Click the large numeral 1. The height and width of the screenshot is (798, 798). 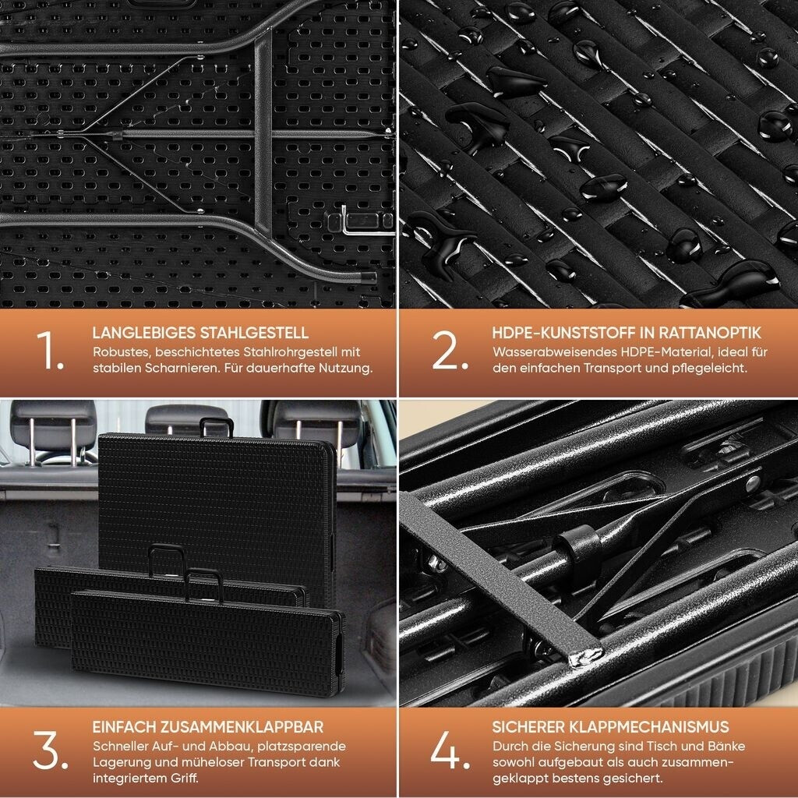(x=50, y=350)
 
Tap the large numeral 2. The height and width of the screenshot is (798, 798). (x=450, y=350)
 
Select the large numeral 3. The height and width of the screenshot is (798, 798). (x=51, y=750)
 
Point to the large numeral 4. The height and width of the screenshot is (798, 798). (x=450, y=750)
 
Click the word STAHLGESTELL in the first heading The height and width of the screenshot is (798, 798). (x=253, y=333)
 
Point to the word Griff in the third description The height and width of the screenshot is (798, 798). (x=182, y=779)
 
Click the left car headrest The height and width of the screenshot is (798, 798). (x=54, y=425)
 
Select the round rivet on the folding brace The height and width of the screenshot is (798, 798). (x=752, y=483)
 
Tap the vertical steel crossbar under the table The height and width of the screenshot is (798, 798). (x=263, y=133)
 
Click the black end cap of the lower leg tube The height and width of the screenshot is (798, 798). (x=369, y=278)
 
